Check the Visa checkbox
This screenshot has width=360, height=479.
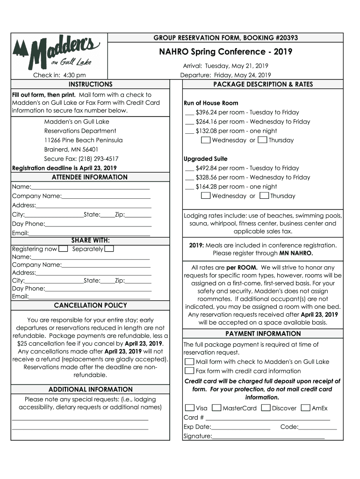189,408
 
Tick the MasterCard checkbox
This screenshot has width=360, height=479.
216,408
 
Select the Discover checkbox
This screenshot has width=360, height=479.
266,408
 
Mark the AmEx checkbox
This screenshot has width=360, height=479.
305,408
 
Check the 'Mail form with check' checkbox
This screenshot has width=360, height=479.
189,362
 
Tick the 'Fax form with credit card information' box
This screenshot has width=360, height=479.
189,371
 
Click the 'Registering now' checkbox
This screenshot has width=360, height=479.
64,249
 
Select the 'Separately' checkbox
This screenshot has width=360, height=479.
109,249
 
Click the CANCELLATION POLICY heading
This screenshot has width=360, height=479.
90,305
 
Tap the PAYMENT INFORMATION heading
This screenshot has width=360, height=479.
263,334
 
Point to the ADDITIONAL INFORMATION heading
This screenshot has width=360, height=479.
90,389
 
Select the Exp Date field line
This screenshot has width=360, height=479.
240,427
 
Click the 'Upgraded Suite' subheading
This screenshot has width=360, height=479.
206,159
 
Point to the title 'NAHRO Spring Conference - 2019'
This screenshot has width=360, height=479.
226,52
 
